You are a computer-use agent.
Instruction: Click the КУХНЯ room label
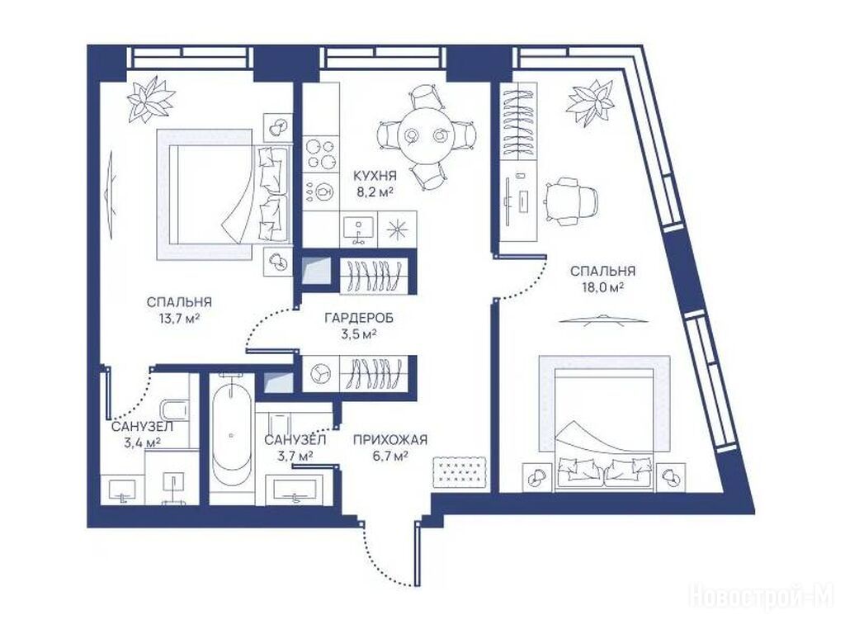[x=375, y=176]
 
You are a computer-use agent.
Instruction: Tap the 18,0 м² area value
[x=602, y=287]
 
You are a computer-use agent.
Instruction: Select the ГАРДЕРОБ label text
[x=359, y=318]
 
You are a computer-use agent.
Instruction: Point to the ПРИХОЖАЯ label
[x=390, y=440]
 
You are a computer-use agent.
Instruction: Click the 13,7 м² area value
[x=179, y=318]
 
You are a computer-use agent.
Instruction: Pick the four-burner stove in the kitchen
[x=321, y=153]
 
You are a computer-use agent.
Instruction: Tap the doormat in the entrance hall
[x=460, y=472]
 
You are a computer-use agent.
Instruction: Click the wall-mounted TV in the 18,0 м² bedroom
[x=602, y=319]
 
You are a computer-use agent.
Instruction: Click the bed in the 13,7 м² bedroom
[x=224, y=194]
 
